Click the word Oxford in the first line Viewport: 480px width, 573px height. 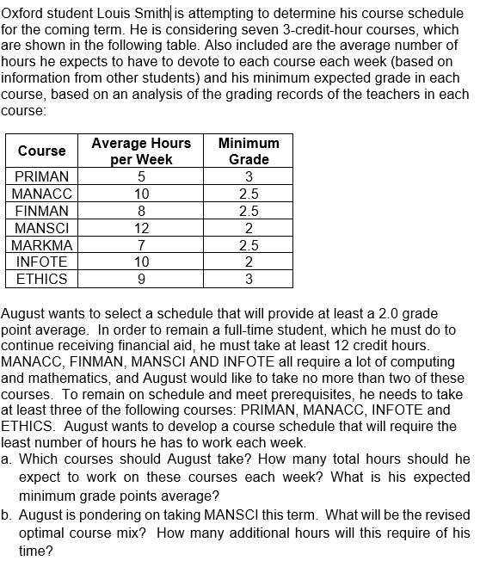click(x=21, y=10)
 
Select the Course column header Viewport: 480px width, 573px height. click(x=41, y=151)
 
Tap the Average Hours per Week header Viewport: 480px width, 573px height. click(x=141, y=151)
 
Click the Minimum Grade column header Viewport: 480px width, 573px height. click(x=249, y=151)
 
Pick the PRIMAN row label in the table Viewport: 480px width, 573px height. click(x=41, y=176)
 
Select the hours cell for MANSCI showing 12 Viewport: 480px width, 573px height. click(x=141, y=228)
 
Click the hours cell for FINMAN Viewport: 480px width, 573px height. click(x=141, y=211)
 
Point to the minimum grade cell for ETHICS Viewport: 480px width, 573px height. click(x=249, y=279)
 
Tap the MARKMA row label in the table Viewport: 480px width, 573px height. click(x=41, y=245)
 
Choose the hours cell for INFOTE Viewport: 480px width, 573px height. click(x=141, y=262)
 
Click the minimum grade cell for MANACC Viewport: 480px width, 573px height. click(x=249, y=194)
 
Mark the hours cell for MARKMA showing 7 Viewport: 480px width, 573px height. click(x=141, y=245)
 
